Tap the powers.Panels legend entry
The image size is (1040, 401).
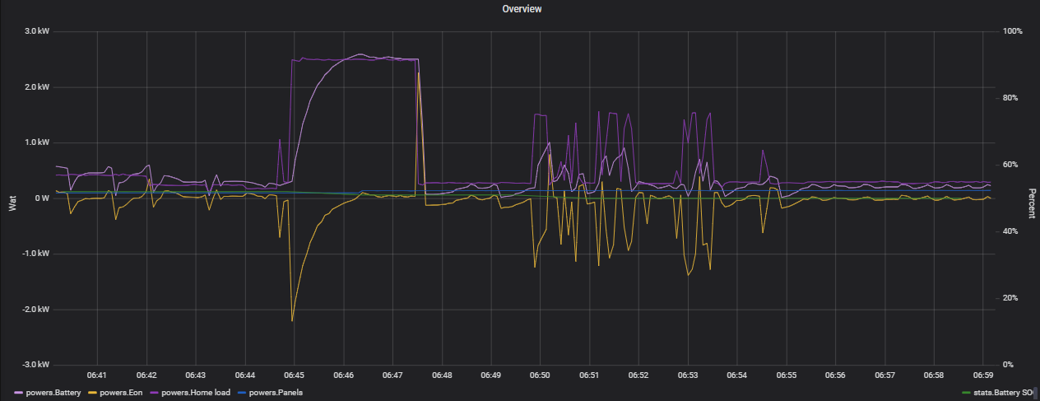click(x=275, y=393)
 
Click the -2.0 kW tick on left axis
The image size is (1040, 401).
click(x=38, y=310)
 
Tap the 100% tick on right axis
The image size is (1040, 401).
click(x=1014, y=31)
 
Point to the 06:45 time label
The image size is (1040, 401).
click(x=294, y=375)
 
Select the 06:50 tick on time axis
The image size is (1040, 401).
click(x=540, y=375)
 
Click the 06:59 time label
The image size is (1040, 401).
click(x=982, y=375)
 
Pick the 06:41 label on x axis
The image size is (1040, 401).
click(x=97, y=375)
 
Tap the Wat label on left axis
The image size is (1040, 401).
click(x=12, y=203)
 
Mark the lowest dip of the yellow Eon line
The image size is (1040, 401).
click(x=292, y=320)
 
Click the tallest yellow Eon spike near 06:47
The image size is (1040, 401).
click(x=419, y=73)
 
